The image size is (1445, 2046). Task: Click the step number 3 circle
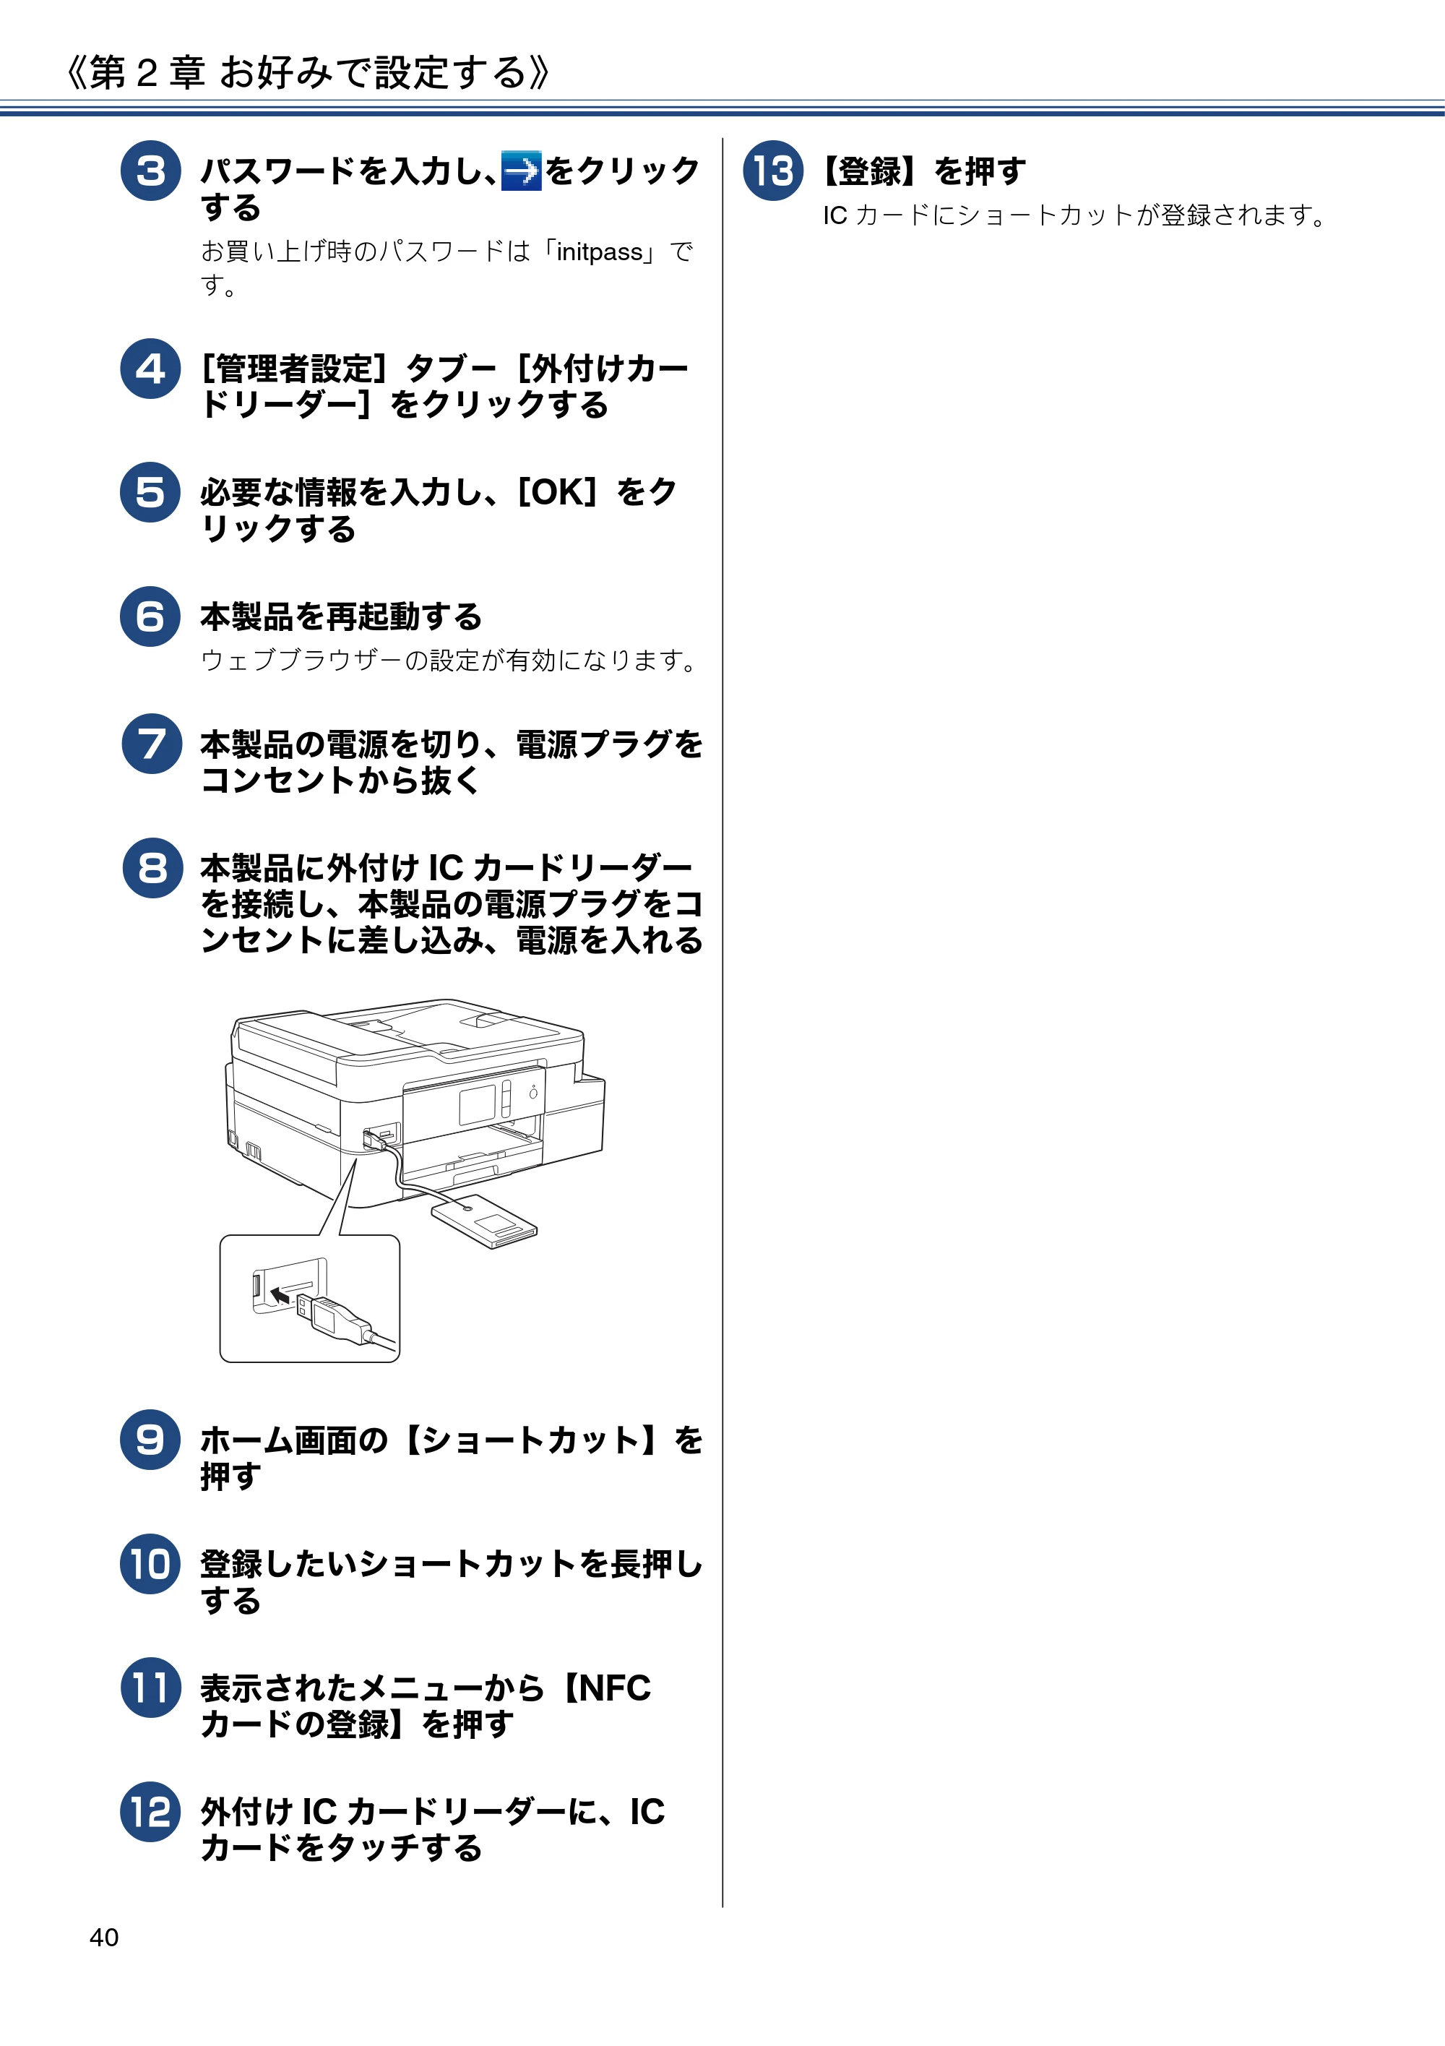[150, 171]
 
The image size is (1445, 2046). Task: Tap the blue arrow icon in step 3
[521, 171]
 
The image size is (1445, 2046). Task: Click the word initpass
[600, 252]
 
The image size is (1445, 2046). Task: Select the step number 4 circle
[150, 368]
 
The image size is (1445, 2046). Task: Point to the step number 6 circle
[150, 616]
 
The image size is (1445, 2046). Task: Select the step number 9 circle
[150, 1439]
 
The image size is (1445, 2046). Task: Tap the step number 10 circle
[150, 1564]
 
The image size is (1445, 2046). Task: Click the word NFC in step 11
[616, 1688]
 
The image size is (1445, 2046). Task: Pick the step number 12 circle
[150, 1812]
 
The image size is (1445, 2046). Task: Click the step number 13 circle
[773, 171]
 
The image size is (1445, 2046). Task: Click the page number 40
[104, 1938]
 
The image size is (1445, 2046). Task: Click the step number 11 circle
[150, 1688]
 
